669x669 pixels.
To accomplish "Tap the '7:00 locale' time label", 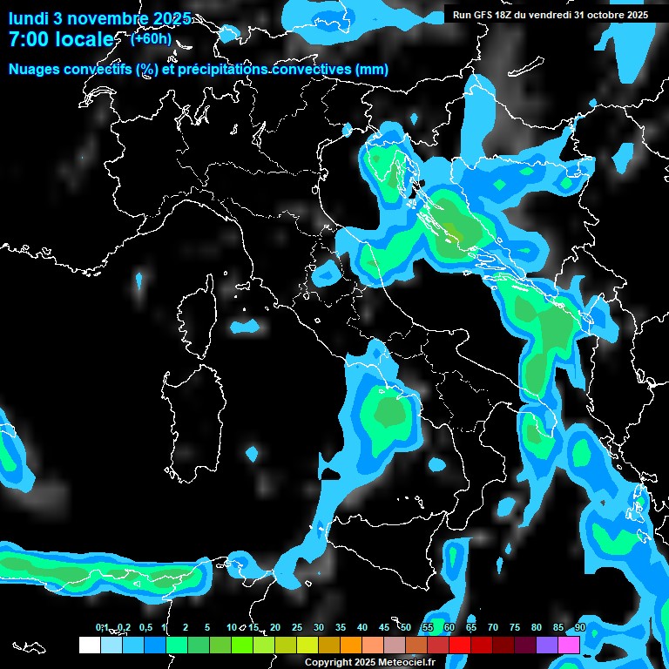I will [60, 39].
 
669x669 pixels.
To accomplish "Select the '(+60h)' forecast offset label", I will [151, 38].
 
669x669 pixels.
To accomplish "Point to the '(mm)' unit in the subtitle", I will [371, 70].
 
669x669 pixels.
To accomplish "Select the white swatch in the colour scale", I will [89, 645].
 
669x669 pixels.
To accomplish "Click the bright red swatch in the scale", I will [460, 645].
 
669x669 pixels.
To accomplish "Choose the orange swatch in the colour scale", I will [351, 645].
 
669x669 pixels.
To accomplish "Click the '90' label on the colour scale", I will [580, 628].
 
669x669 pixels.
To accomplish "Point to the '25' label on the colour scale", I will [297, 628].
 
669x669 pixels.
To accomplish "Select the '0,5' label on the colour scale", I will [145, 628].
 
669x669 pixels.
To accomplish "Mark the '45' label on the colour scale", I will [384, 628].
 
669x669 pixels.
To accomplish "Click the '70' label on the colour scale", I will [493, 628].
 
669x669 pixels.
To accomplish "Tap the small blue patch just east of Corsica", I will [246, 326].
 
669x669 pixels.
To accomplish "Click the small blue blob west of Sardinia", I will [253, 453].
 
